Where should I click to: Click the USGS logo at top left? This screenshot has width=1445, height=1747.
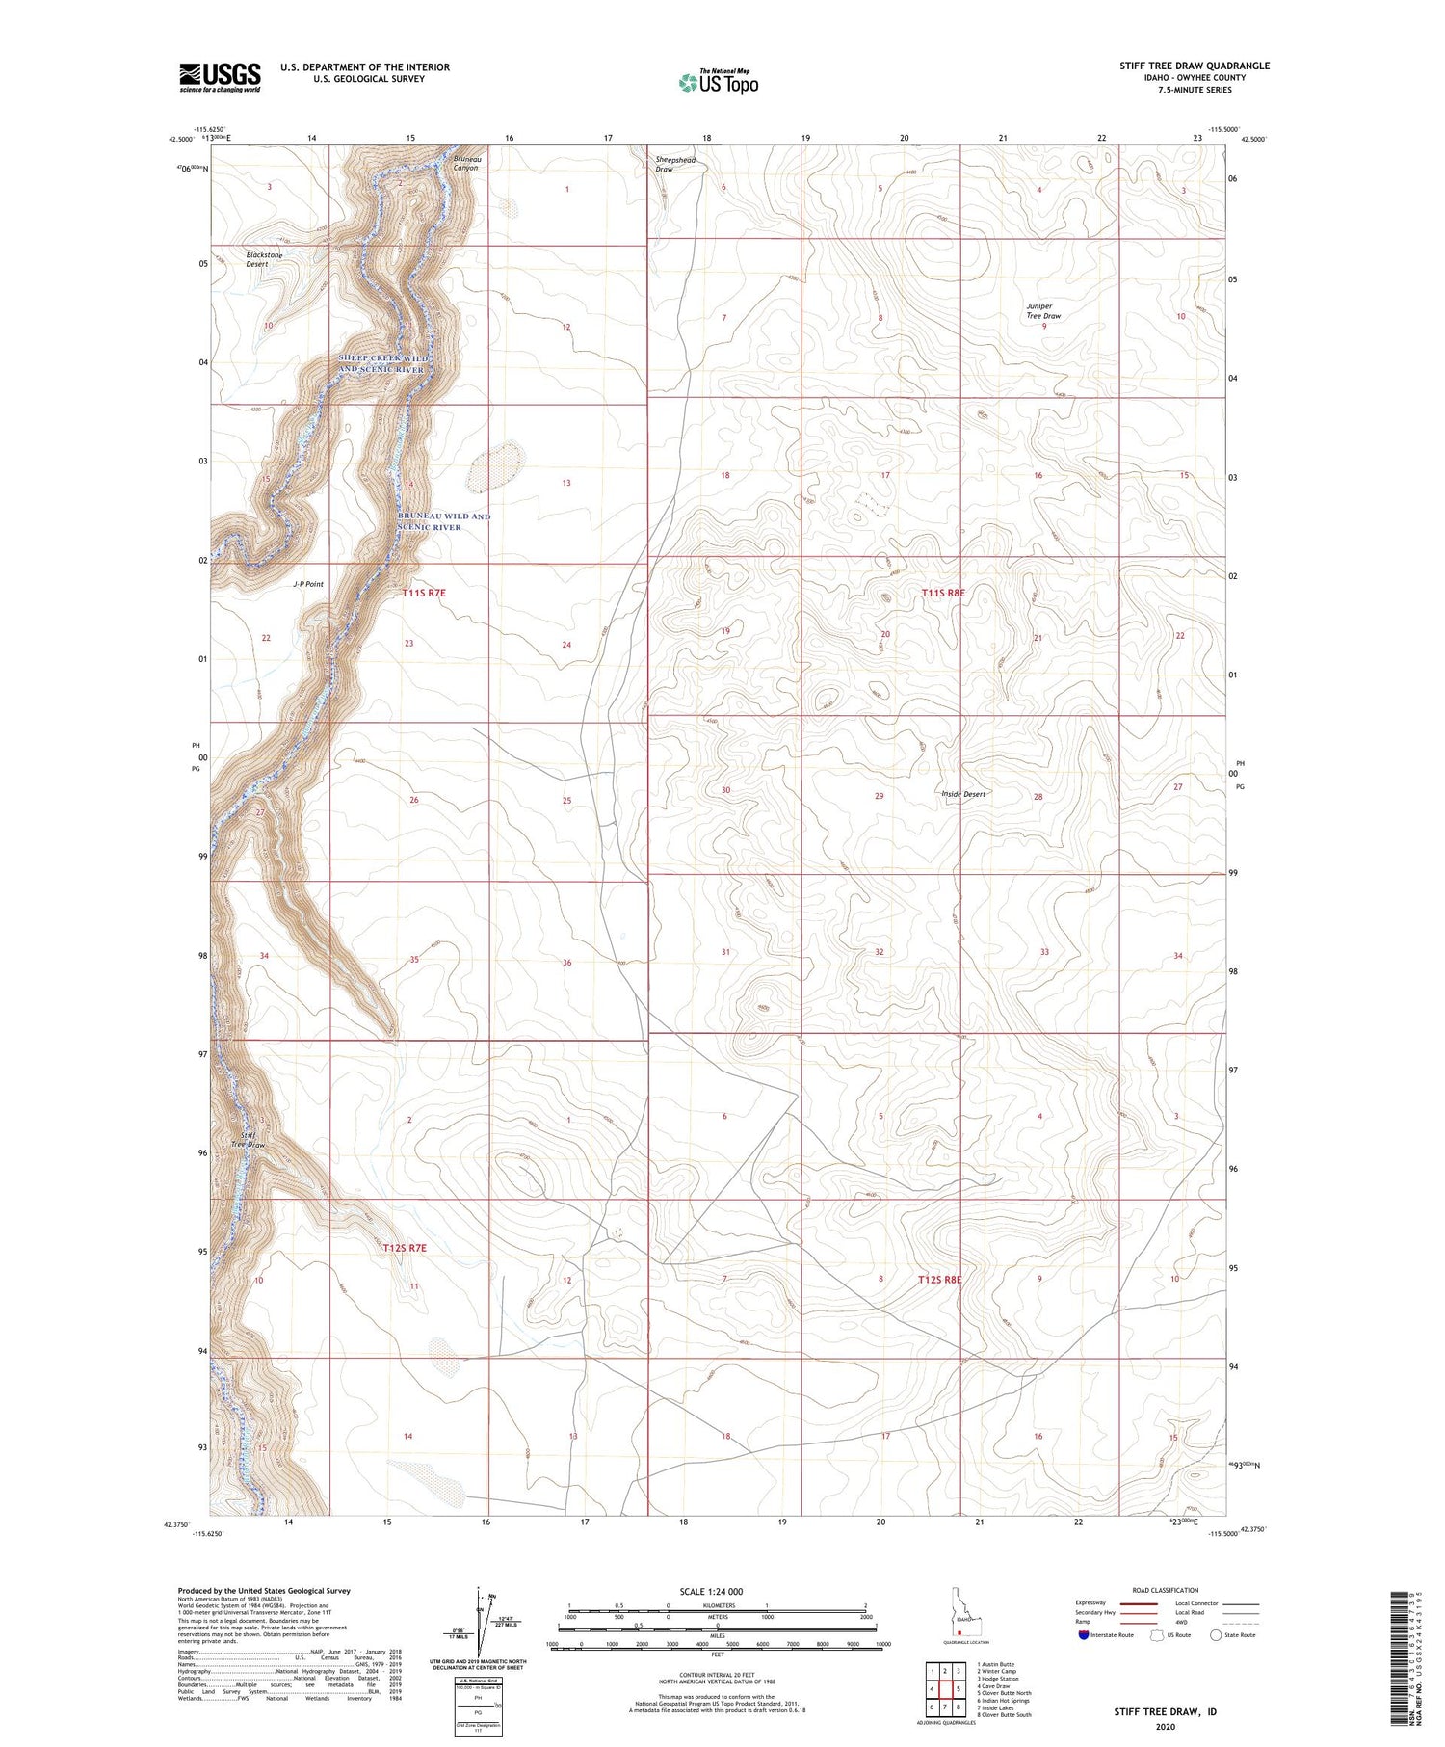click(x=220, y=77)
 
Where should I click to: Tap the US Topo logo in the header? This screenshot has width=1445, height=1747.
click(x=719, y=83)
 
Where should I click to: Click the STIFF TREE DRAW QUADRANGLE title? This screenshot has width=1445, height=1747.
click(x=1194, y=66)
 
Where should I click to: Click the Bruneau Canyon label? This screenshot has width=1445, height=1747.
click(x=467, y=163)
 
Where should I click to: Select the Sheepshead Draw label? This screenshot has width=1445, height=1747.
click(x=675, y=164)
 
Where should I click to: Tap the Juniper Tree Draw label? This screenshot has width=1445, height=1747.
click(x=1043, y=311)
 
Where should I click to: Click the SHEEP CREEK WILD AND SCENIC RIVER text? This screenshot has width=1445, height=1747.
click(x=381, y=363)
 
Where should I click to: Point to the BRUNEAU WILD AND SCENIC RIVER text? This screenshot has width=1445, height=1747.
click(x=444, y=521)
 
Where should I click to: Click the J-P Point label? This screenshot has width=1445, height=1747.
click(x=308, y=584)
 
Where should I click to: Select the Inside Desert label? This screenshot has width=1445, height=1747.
click(x=963, y=794)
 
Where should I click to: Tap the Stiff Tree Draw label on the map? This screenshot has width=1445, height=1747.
click(x=248, y=1140)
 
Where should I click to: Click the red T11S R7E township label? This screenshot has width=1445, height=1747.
click(x=425, y=594)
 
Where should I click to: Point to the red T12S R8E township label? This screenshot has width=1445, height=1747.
click(x=940, y=1280)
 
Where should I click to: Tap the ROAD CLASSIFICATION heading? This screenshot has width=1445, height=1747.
click(x=1166, y=1590)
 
